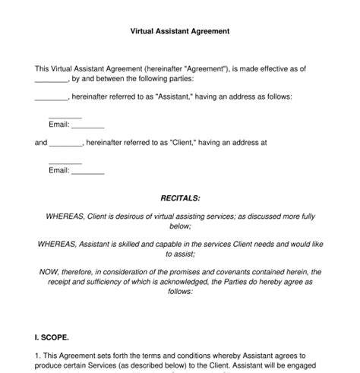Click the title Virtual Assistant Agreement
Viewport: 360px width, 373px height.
(180, 32)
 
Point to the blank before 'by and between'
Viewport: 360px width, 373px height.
(52, 79)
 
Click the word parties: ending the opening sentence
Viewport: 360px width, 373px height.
(176, 78)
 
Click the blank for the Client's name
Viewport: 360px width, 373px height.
(66, 142)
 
